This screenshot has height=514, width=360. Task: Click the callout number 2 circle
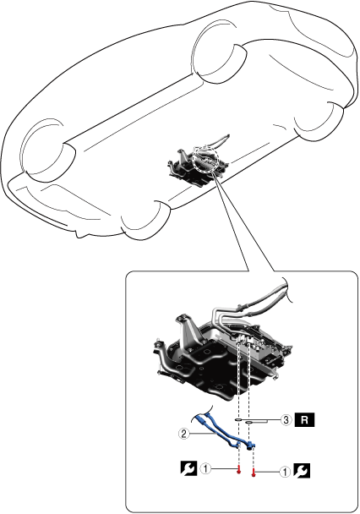(183, 434)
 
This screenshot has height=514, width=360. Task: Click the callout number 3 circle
(286, 419)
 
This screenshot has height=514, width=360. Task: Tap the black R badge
(304, 420)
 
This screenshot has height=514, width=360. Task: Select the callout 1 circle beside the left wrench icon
(205, 468)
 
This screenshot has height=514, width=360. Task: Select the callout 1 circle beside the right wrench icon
(285, 472)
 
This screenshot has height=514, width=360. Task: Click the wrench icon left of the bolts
(188, 468)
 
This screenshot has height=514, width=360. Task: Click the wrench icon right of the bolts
(302, 472)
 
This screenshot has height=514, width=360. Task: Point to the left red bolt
(239, 470)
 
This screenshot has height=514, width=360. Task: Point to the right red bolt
(254, 473)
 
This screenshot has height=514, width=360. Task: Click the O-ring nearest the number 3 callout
(249, 422)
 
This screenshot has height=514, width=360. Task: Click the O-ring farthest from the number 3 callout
(238, 419)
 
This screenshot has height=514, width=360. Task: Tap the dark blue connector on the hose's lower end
(252, 446)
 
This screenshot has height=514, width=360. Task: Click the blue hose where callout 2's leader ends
(219, 433)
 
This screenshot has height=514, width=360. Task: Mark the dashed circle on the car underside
(205, 159)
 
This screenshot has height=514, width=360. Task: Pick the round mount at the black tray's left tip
(157, 345)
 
